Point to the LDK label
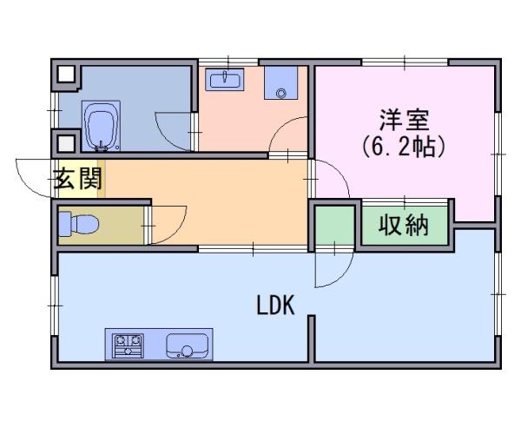[x=276, y=305]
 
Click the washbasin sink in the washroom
[x=228, y=81]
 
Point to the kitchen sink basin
[x=185, y=345]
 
